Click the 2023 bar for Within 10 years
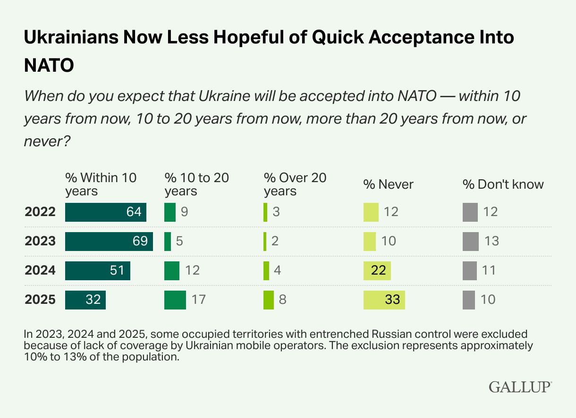tap(109, 241)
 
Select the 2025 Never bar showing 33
tap(384, 300)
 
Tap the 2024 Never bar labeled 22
tap(377, 270)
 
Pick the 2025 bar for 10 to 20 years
tap(175, 300)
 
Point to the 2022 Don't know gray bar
tap(470, 212)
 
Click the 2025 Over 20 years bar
tap(269, 300)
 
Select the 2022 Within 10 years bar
tap(105, 212)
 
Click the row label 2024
tap(40, 270)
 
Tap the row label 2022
tap(40, 212)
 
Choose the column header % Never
tap(388, 184)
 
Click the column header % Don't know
tap(503, 184)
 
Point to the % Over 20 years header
tap(295, 184)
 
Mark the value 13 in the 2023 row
tap(491, 241)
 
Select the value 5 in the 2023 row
tap(179, 241)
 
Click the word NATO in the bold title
tap(49, 66)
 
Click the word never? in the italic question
tap(47, 140)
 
